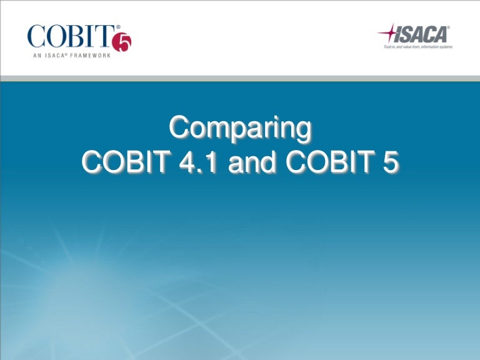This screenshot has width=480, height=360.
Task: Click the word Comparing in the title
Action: click(x=240, y=129)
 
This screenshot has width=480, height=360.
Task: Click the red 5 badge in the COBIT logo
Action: click(x=122, y=42)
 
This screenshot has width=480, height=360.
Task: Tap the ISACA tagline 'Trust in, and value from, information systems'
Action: click(x=418, y=46)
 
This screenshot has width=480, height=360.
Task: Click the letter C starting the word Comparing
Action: click(x=180, y=129)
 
